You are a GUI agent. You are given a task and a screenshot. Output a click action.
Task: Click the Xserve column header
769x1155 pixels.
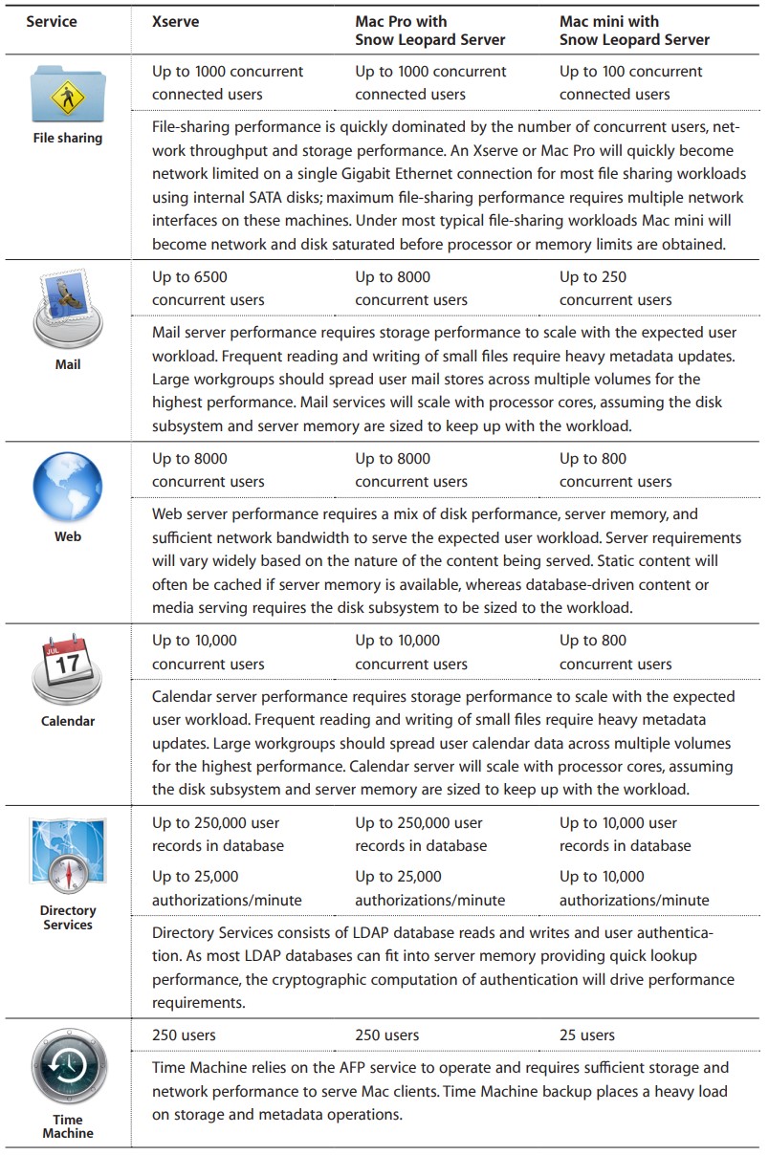click(176, 21)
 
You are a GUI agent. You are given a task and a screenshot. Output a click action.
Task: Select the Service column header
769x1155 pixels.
click(51, 21)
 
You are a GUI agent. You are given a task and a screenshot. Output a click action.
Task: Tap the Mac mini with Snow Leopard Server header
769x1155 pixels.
click(634, 31)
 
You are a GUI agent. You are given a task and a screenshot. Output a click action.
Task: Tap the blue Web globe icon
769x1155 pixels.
click(67, 487)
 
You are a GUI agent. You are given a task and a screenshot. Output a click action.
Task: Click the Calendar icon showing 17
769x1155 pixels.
click(67, 667)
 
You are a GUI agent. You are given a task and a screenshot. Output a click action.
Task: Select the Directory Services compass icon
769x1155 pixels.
click(67, 857)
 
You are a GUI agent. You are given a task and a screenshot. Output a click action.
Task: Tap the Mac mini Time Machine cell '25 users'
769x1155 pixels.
click(587, 1035)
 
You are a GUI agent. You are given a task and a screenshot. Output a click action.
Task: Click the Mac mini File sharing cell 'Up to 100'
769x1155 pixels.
click(630, 83)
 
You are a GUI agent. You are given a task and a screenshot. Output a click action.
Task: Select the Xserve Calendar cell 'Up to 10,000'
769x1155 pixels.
click(208, 652)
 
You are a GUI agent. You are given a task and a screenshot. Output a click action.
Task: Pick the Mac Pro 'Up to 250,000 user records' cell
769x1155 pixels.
click(421, 834)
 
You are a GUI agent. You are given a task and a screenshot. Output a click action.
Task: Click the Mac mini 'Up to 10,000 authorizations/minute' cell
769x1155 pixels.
click(634, 888)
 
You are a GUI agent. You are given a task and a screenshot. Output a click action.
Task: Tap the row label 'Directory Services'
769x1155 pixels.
click(67, 918)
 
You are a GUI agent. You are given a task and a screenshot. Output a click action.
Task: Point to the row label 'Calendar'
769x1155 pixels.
click(67, 721)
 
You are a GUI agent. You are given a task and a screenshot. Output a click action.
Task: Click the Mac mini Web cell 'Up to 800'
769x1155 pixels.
click(615, 470)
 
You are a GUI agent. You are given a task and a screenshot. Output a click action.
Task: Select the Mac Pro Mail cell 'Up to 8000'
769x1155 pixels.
click(411, 289)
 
